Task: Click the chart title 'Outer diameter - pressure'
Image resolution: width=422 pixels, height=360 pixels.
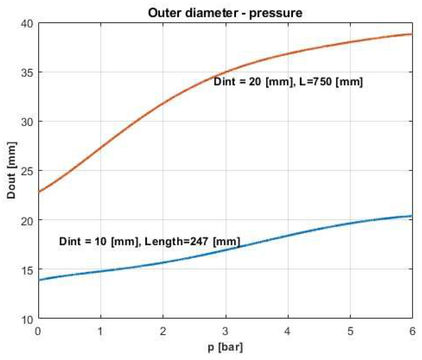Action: [225, 13]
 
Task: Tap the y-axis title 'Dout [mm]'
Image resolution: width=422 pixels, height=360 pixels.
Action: [11, 170]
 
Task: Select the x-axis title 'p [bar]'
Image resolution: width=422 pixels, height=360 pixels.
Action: [225, 347]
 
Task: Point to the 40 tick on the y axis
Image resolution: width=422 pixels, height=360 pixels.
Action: [27, 23]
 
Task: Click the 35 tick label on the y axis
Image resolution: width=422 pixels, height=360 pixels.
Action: [27, 73]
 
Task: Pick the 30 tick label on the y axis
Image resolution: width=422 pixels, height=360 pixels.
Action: [27, 122]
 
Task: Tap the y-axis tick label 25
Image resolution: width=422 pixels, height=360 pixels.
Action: [27, 171]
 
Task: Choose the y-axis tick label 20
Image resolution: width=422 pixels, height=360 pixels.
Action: [27, 221]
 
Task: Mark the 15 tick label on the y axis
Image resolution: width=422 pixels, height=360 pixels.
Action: [27, 270]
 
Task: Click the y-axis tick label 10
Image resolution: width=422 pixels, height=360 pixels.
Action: [27, 319]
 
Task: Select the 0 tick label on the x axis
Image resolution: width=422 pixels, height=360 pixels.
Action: [38, 331]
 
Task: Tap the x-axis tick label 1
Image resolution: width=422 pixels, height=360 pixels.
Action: [100, 331]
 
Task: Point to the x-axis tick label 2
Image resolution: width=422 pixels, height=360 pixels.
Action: [163, 331]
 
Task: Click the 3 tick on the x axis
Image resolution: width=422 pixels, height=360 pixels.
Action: [225, 331]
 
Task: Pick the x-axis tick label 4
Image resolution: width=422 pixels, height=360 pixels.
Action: [288, 331]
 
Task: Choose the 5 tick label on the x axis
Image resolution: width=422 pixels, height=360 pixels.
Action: [350, 331]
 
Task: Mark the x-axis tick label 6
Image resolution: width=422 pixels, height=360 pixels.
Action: [412, 331]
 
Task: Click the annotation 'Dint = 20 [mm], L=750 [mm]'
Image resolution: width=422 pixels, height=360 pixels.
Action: [288, 82]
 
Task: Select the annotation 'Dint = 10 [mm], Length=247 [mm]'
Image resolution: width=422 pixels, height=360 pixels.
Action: [149, 241]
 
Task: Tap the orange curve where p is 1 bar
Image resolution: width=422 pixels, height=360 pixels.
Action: [101, 147]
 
